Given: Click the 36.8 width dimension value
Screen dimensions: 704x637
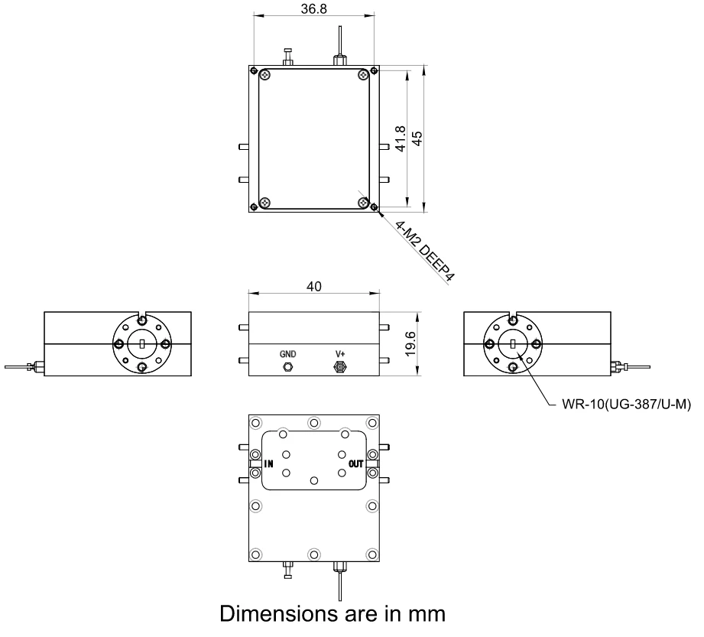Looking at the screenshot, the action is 314,8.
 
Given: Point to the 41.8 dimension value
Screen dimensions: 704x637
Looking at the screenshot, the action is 401,139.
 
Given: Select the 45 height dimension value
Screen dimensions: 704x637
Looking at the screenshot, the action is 417,138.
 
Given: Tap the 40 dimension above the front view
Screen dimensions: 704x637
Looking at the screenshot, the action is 314,286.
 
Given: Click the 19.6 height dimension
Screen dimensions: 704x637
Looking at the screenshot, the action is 410,344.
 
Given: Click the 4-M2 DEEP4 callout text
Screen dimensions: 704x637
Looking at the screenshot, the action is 425,251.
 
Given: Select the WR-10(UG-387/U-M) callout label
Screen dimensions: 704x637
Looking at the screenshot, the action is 626,405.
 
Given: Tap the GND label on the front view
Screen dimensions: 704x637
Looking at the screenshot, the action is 288,354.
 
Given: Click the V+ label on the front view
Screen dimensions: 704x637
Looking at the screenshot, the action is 340,354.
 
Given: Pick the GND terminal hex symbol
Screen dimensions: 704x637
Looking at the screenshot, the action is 287,367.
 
